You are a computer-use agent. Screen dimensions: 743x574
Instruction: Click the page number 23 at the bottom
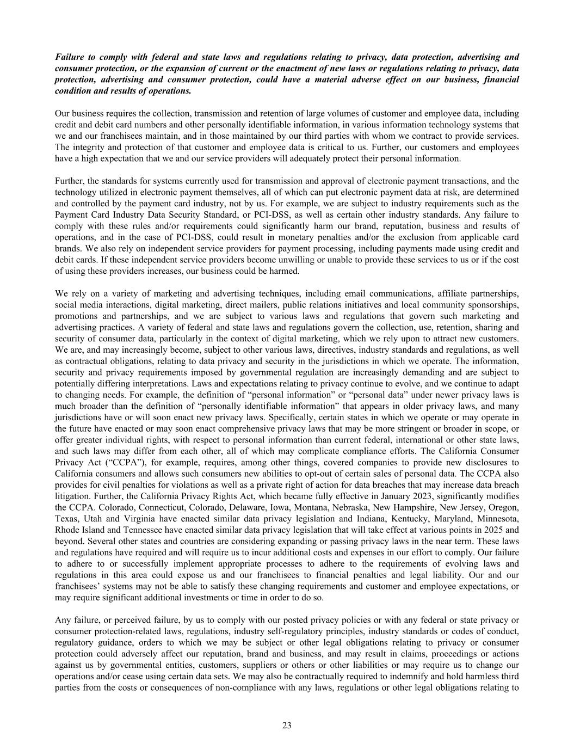click(x=287, y=724)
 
